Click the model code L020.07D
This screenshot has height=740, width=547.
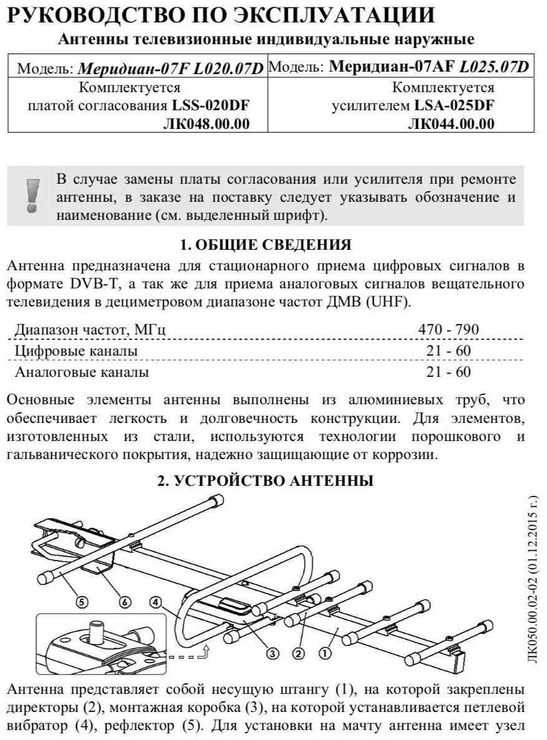tap(230, 68)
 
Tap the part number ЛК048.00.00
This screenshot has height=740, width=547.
tap(206, 124)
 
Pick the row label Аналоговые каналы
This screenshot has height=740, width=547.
tap(82, 373)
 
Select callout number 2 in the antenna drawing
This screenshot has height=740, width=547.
tap(298, 653)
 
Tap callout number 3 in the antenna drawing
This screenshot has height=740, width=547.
tap(272, 653)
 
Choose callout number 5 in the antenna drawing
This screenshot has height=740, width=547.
tap(82, 602)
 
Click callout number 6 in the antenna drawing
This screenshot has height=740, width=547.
tap(125, 602)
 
